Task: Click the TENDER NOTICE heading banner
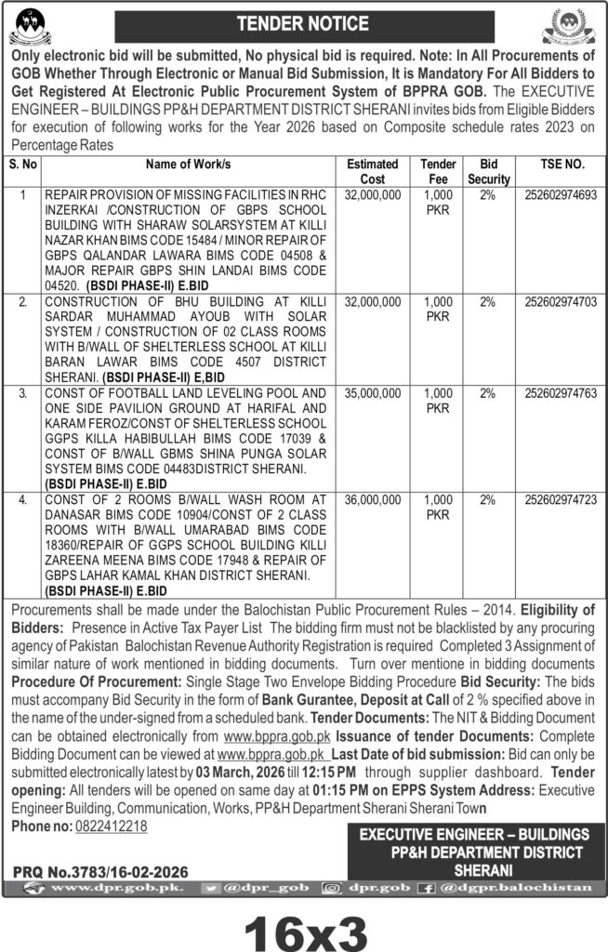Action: coord(304,22)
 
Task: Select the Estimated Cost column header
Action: coord(372,171)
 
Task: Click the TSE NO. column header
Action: coord(562,165)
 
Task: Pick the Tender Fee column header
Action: coord(437,171)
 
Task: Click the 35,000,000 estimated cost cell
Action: coord(372,394)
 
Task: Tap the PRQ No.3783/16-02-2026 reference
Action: coord(101,872)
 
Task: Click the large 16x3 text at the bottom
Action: coord(304,924)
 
